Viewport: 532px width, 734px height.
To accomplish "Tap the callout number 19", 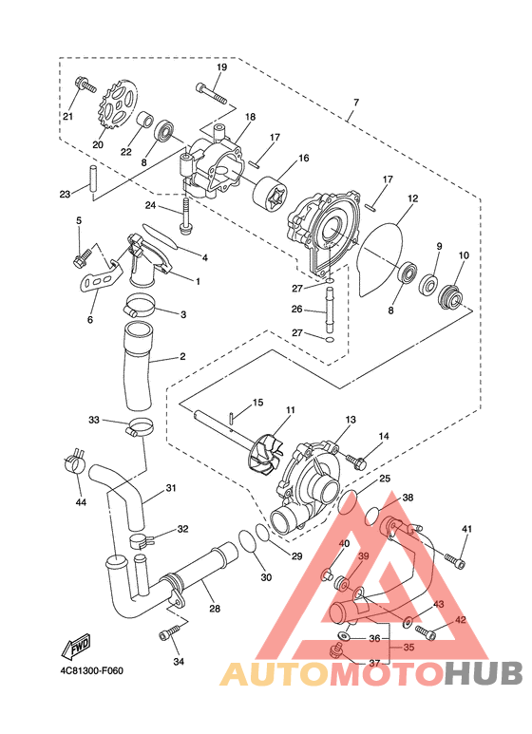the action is [x=221, y=66].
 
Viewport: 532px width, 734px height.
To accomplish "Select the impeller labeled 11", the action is [x=265, y=458].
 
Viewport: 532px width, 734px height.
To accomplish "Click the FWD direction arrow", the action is [x=75, y=649].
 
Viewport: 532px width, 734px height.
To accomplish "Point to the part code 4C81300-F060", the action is [x=91, y=670].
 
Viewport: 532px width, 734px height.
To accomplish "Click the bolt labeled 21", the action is [x=85, y=85].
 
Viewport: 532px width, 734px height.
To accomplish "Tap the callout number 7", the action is [x=356, y=102].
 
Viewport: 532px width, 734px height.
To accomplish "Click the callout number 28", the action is [x=215, y=609].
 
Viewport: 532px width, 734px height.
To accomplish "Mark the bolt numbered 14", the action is [x=356, y=461].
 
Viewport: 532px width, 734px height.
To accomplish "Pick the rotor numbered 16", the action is [x=270, y=195].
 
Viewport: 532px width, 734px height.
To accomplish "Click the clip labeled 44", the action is [x=74, y=461].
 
